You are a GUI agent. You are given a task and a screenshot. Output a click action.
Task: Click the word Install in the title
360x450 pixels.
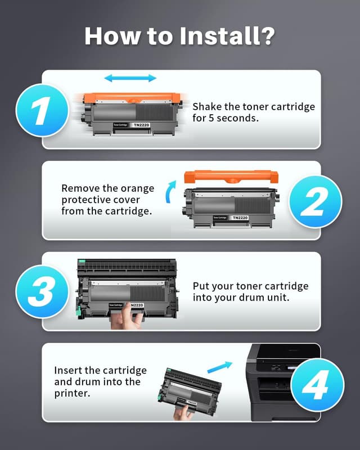coord(219,35)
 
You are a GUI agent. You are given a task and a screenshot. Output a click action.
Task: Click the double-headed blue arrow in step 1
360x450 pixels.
coord(130,78)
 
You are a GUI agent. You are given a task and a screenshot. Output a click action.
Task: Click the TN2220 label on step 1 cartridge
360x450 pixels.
coord(142,124)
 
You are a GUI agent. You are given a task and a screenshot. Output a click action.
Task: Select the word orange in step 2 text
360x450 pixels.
coord(125,188)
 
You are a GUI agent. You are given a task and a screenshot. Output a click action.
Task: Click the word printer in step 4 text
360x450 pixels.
coord(73,394)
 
